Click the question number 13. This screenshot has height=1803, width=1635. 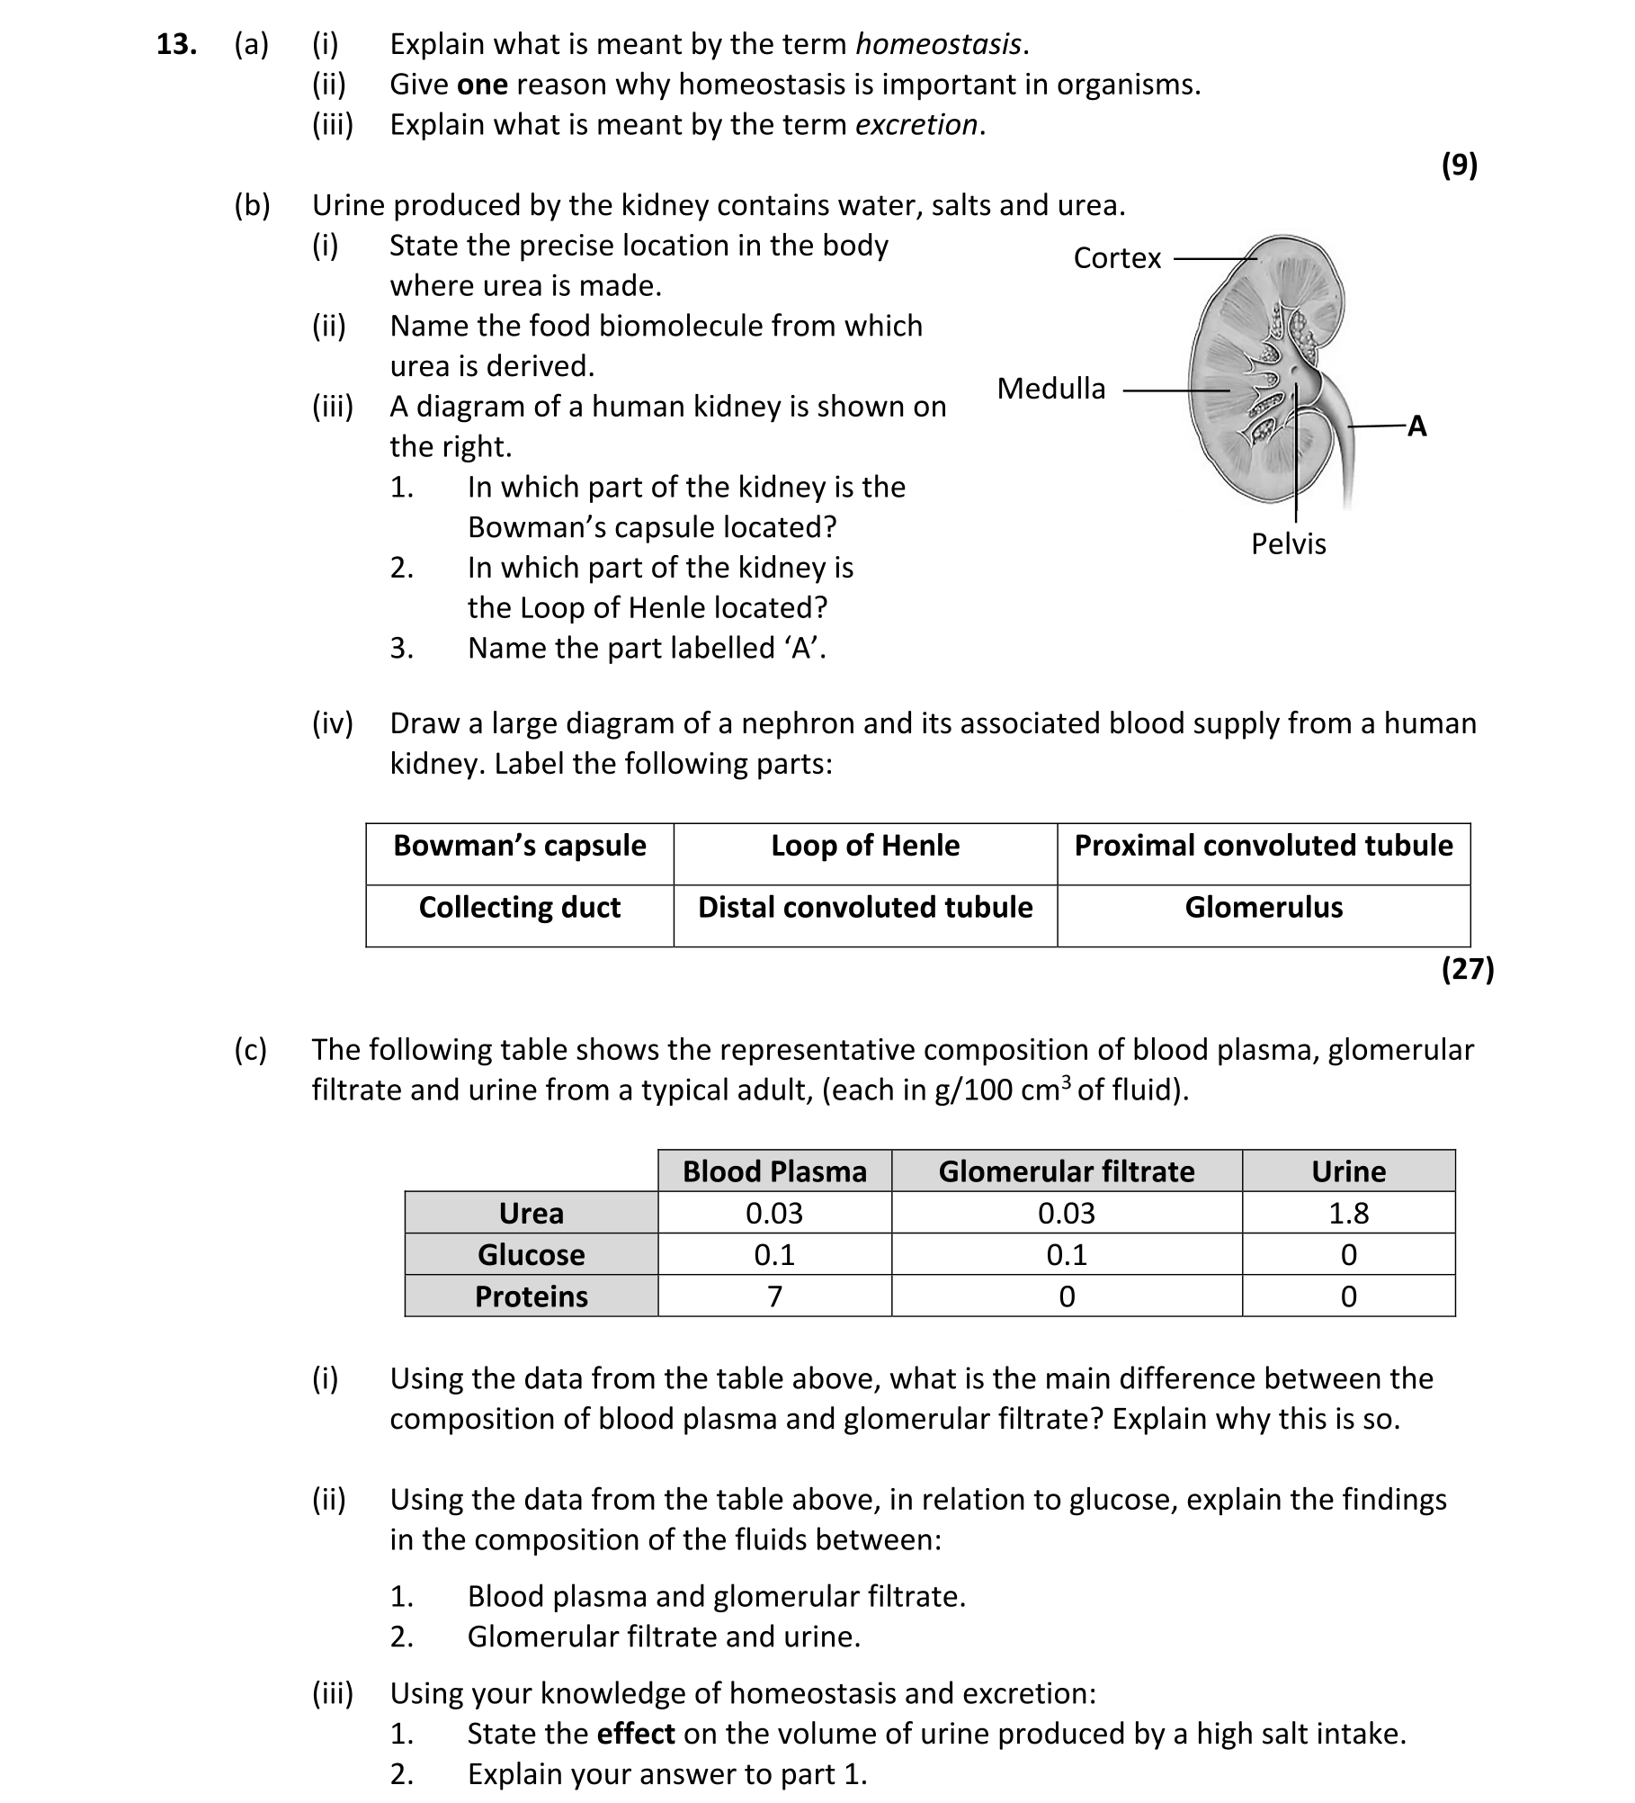click(x=176, y=44)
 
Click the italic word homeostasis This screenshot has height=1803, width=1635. click(x=938, y=44)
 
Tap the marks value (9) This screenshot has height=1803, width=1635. click(x=1459, y=165)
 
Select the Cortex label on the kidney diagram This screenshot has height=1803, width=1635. click(x=1117, y=258)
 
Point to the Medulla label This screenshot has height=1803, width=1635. click(x=1050, y=389)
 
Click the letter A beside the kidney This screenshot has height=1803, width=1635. click(x=1416, y=426)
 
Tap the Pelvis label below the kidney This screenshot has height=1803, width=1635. click(x=1288, y=543)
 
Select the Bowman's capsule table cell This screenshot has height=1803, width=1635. click(x=520, y=846)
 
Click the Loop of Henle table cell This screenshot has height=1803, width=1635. click(x=865, y=846)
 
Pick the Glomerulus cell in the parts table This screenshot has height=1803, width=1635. click(x=1263, y=907)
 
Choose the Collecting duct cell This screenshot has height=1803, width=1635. click(x=520, y=907)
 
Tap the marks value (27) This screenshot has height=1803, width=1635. click(x=1467, y=969)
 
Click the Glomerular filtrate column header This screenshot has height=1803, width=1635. click(x=1066, y=1171)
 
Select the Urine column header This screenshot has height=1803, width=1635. click(x=1348, y=1171)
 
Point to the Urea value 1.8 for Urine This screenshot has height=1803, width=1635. click(x=1348, y=1214)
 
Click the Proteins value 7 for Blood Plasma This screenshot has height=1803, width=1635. click(x=774, y=1296)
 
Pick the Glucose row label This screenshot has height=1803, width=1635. click(x=531, y=1255)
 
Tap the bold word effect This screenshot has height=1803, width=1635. click(x=635, y=1734)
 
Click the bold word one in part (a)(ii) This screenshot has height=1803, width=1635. click(x=482, y=85)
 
